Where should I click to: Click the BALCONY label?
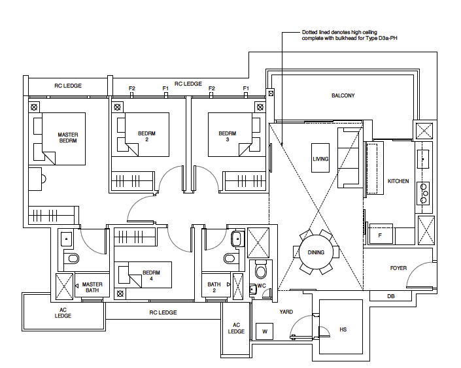point(343,95)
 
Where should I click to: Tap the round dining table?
point(316,252)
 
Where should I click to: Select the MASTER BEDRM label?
point(68,138)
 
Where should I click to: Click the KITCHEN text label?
point(398,181)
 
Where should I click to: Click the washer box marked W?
point(264,332)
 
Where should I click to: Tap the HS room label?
point(343,329)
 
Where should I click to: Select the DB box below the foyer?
point(391,296)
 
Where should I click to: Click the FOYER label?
point(398,268)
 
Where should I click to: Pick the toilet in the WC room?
point(262,269)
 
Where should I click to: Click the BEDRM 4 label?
point(152,275)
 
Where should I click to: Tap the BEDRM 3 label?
point(228,136)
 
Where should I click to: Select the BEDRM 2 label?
point(147,136)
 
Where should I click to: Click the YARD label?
point(286,312)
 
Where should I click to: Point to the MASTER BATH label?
point(92,287)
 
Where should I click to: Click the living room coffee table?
point(320,158)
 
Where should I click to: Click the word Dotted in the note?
point(310,32)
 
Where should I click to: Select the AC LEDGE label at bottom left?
point(63,313)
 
